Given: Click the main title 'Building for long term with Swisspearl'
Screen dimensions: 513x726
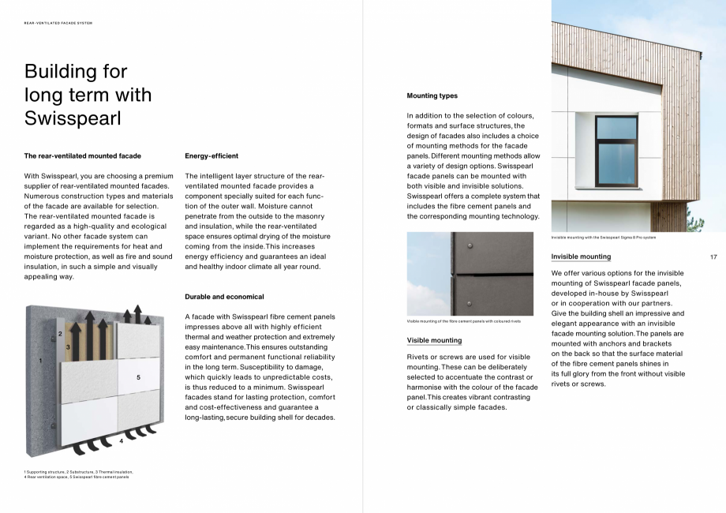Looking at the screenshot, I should coord(88,95).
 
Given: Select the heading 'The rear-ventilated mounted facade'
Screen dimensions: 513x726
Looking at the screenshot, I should coord(82,156).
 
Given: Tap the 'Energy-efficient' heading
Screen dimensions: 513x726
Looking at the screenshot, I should coord(211,156).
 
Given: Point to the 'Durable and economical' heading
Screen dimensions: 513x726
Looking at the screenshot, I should coord(224,297).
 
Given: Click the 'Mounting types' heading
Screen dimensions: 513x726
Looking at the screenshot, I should coord(432,95).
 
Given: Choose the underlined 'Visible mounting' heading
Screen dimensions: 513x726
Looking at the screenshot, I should coord(434,340).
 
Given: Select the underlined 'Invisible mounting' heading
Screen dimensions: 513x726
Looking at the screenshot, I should coord(581,256).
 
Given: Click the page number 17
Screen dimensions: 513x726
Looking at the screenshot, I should coord(713,257).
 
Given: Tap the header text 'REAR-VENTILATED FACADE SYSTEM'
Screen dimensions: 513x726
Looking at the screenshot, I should coord(58,23).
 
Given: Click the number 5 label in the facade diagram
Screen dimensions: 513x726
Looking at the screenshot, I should coord(138,378).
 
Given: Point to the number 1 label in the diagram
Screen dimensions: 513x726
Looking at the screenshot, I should coord(40,361).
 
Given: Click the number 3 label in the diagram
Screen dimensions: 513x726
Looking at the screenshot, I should coord(68,346).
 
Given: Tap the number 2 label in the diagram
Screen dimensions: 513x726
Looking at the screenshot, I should coord(60,334).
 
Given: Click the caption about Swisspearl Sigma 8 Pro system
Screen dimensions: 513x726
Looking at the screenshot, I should coord(603,237).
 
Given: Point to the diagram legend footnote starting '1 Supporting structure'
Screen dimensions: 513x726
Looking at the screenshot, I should coord(78,474).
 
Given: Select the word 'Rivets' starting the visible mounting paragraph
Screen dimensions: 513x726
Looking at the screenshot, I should coord(417,357).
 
